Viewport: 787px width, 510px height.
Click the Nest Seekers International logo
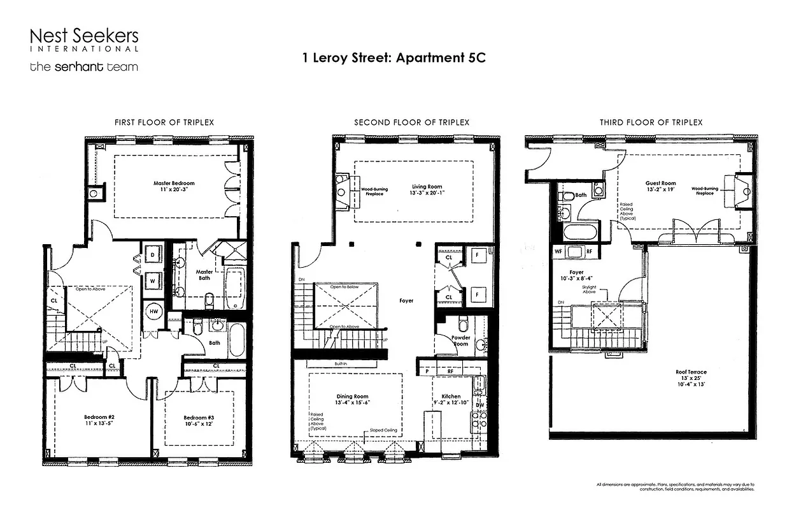(x=84, y=40)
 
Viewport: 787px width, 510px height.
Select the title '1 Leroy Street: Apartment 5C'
(x=393, y=57)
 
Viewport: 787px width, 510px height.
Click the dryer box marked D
(x=153, y=254)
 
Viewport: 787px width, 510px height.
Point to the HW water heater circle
(x=153, y=310)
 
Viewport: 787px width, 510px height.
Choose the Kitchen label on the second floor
(x=451, y=397)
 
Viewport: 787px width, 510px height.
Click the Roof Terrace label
(x=691, y=372)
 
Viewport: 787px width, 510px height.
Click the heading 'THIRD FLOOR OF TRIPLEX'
(x=651, y=122)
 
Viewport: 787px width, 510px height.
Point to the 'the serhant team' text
(x=83, y=66)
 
